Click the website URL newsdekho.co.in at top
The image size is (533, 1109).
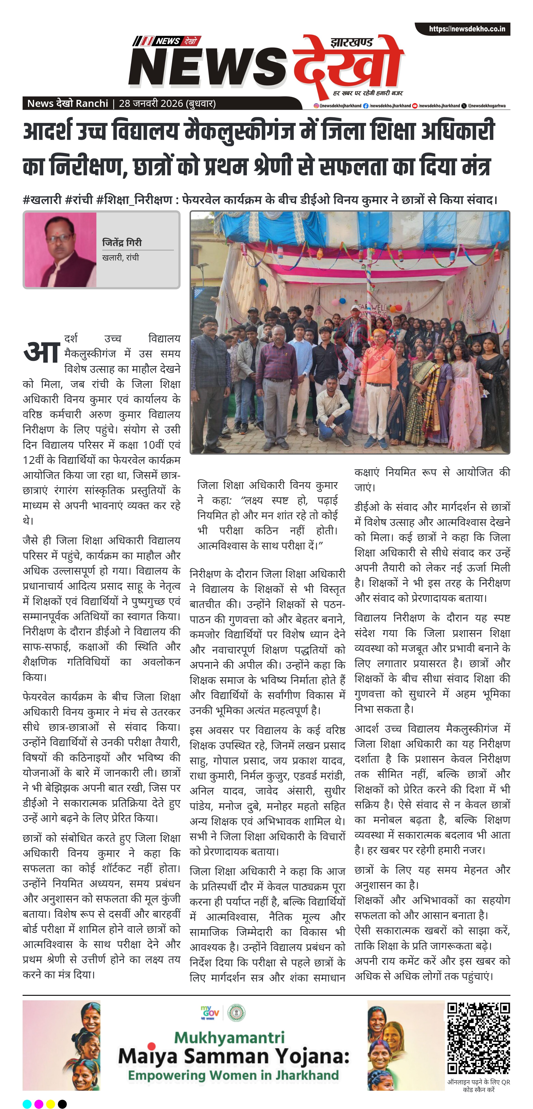(x=467, y=29)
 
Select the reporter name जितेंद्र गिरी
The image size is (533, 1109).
(x=122, y=242)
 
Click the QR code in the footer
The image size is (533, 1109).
(x=478, y=1038)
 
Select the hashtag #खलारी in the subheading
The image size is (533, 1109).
(x=42, y=200)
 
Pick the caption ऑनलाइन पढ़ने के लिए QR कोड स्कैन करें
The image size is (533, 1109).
(x=478, y=1085)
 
